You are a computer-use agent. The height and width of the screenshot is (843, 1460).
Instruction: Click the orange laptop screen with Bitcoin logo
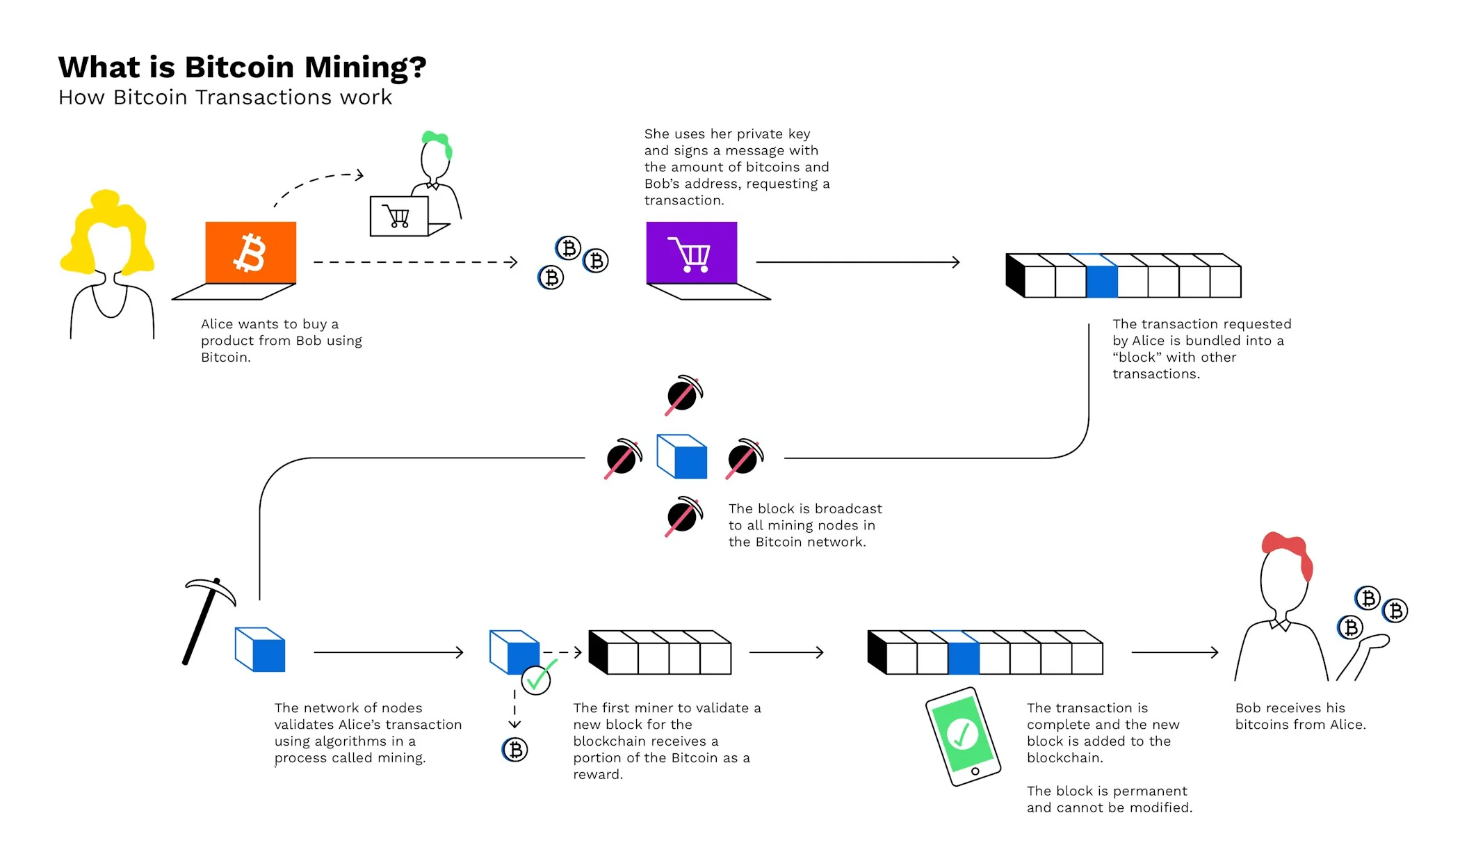[x=250, y=252]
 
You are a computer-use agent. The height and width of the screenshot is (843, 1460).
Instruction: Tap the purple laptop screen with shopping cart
[x=691, y=252]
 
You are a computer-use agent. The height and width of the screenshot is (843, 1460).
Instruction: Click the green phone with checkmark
[x=962, y=736]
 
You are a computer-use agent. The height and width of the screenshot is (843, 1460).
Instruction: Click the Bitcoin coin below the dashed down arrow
[x=515, y=750]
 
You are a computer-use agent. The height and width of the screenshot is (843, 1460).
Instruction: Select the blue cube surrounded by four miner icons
[x=683, y=458]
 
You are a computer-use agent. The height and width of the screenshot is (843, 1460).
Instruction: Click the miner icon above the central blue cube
[x=683, y=395]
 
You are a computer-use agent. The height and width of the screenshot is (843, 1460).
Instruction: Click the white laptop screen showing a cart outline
[x=398, y=216]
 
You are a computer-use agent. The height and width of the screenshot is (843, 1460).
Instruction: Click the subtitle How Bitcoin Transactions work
[x=225, y=97]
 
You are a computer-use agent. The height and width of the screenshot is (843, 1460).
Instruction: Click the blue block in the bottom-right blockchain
[x=964, y=659]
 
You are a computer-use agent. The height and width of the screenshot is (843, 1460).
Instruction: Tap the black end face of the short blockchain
[x=597, y=652]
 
